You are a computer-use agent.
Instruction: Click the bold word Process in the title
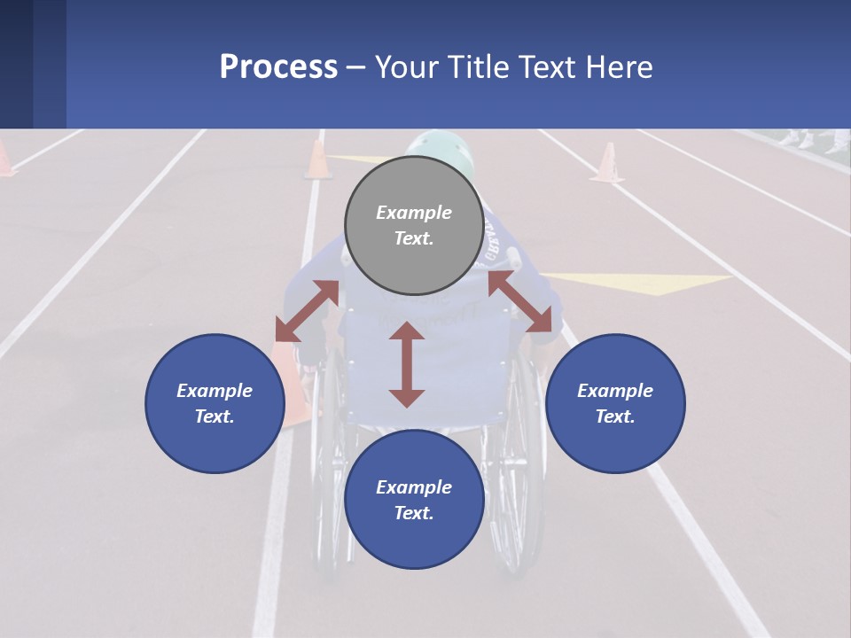[x=278, y=67]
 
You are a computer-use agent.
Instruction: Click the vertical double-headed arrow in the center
[x=407, y=364]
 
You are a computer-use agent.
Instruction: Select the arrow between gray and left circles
[x=307, y=311]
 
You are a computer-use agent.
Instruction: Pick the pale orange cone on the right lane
[x=607, y=164]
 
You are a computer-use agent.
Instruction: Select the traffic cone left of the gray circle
[x=317, y=160]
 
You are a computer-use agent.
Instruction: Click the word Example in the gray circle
[x=414, y=213]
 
